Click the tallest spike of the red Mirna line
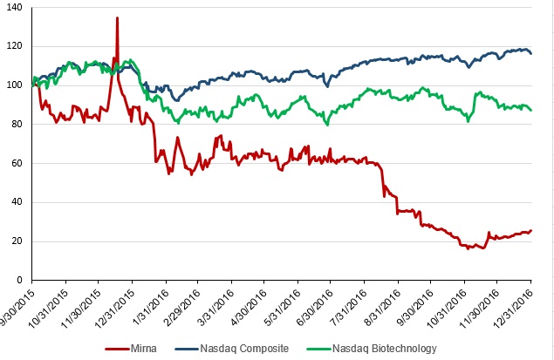117,18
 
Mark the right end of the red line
530,231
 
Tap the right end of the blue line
530,53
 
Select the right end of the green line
530,110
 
